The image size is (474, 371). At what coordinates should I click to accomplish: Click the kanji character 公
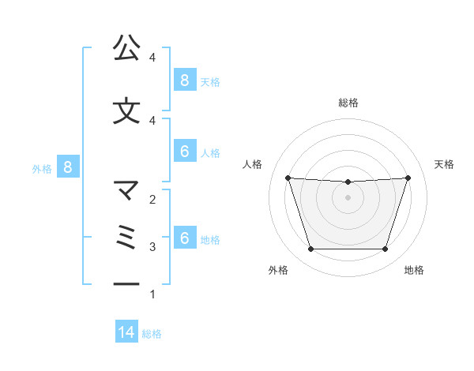pos(126,48)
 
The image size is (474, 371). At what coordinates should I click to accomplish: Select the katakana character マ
pos(126,190)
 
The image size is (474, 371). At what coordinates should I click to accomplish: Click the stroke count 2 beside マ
pos(152,200)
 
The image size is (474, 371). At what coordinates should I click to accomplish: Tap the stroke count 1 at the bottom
pos(152,294)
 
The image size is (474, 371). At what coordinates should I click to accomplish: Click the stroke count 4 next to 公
pos(152,58)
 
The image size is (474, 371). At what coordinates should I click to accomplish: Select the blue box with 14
pos(126,333)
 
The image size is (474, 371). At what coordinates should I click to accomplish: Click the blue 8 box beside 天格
pos(184,81)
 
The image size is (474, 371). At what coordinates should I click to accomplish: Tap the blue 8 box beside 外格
pos(69,167)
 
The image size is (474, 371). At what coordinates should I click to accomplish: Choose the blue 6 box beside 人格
pos(184,152)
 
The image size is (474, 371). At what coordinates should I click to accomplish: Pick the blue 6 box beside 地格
pos(184,238)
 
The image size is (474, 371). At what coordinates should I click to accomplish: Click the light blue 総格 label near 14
pos(152,334)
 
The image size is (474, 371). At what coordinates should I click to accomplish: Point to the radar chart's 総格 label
pos(348,103)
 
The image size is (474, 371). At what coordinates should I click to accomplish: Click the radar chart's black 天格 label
pos(444,164)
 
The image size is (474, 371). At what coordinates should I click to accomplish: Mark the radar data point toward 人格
pos(288,178)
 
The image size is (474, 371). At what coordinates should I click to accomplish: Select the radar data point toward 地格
pos(385,249)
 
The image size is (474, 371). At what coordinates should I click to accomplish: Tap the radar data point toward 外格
pos(310,249)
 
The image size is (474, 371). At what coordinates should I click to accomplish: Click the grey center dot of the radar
pos(348,197)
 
